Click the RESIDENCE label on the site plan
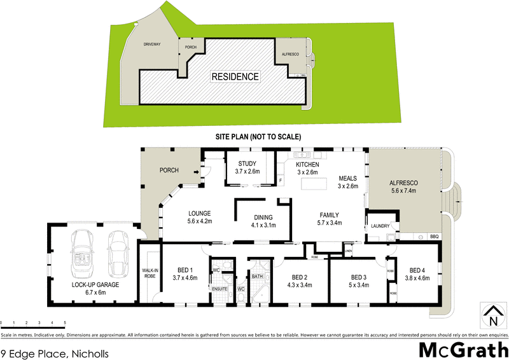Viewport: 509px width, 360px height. click(x=235, y=77)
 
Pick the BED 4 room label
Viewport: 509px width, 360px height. click(x=417, y=273)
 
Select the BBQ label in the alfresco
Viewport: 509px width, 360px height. click(x=435, y=237)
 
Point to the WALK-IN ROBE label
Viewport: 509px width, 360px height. click(x=149, y=273)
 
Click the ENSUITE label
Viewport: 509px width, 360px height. click(x=220, y=288)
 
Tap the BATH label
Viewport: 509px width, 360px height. click(x=257, y=277)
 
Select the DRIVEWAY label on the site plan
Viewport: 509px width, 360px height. click(x=152, y=44)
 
